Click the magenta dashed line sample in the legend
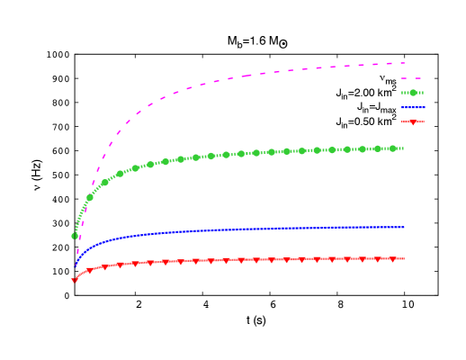pyautogui.click(x=412, y=78)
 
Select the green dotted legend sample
pyautogui.click(x=412, y=93)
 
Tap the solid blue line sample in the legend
pyautogui.click(x=413, y=107)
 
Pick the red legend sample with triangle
pyautogui.click(x=412, y=121)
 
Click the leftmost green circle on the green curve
pyautogui.click(x=75, y=236)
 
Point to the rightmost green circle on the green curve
pyautogui.click(x=393, y=148)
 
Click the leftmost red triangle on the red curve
pyautogui.click(x=75, y=281)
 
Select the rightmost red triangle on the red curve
pyautogui.click(x=393, y=259)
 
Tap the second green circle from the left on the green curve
pyautogui.click(x=90, y=197)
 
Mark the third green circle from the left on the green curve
pyautogui.click(x=105, y=182)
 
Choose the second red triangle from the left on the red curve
pyautogui.click(x=90, y=270)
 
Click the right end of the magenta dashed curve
pyautogui.click(x=404, y=63)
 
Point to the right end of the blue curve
pyautogui.click(x=404, y=227)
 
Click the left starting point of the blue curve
pyautogui.click(x=75, y=266)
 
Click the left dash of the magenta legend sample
pyautogui.click(x=405, y=78)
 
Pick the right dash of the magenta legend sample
pyautogui.click(x=418, y=78)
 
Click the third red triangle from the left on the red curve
pyautogui.click(x=105, y=266)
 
